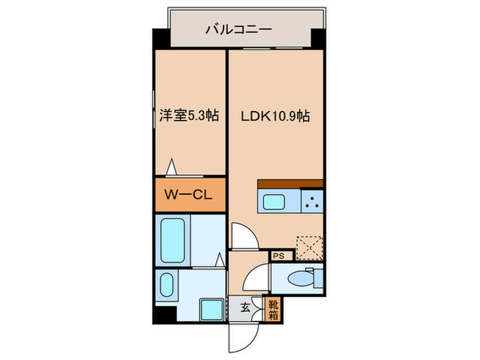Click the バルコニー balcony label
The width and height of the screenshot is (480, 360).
[238, 29]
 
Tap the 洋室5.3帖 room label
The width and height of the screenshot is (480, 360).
[189, 116]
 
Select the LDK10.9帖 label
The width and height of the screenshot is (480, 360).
[274, 116]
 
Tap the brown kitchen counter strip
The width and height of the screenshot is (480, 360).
[289, 183]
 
